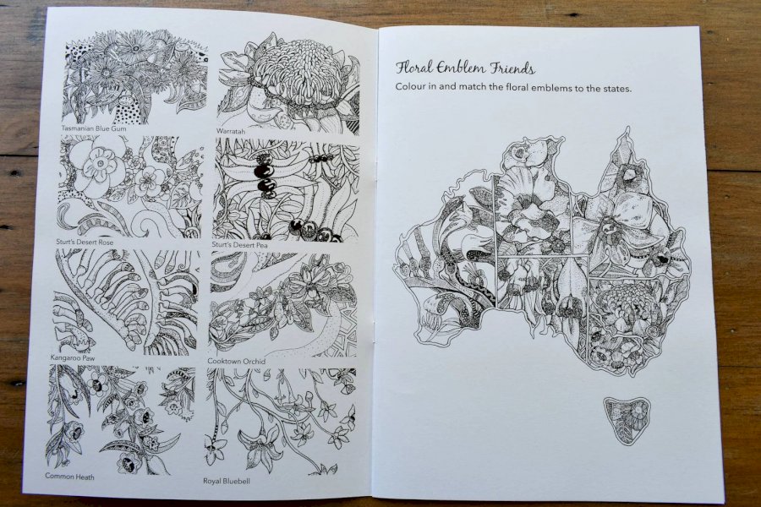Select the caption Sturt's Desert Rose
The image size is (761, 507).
(84, 242)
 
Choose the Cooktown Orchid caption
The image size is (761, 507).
(237, 362)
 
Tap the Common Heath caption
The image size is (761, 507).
(69, 477)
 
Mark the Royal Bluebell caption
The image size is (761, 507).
(228, 480)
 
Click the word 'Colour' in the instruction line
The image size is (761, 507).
(413, 89)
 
